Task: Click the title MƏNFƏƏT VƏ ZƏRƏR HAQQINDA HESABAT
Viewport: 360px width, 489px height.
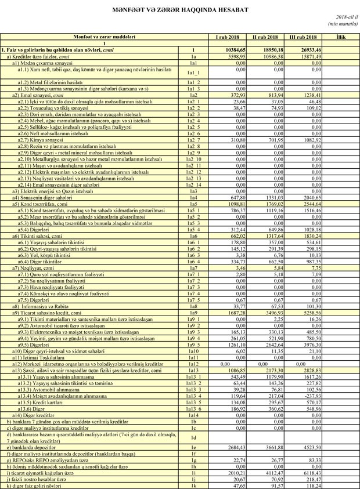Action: pos(180,10)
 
